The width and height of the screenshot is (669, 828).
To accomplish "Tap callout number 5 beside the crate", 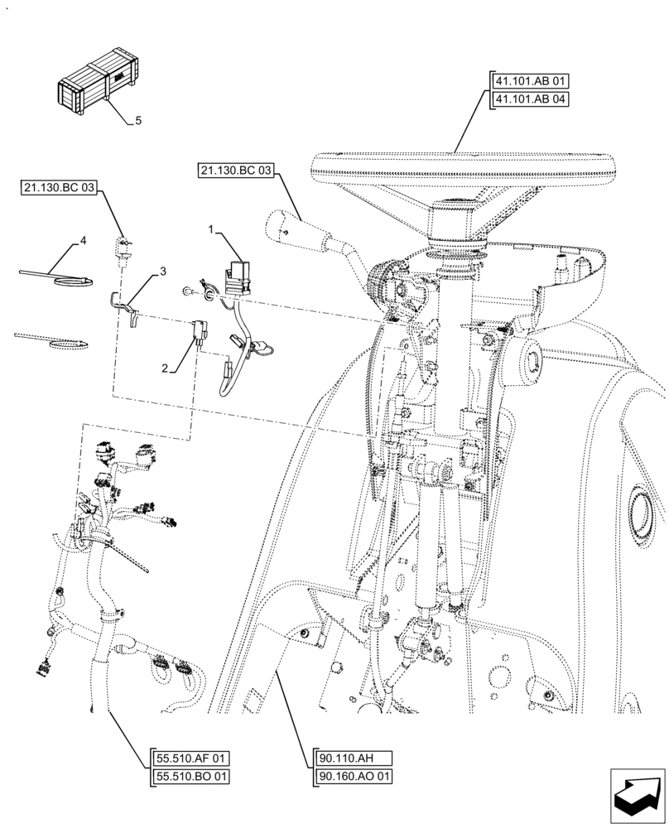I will point(137,121).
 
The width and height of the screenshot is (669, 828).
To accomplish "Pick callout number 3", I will point(163,272).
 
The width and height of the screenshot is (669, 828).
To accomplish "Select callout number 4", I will point(83,241).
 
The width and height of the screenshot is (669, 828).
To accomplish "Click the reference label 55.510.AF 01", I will point(191,758).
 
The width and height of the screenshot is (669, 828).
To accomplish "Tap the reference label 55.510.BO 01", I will point(191,777).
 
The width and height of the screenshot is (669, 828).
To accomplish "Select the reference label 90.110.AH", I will point(345,758).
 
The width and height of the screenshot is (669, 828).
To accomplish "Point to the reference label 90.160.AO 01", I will point(354,777).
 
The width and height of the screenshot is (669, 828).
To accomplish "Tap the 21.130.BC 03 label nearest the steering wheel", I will point(235,171).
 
